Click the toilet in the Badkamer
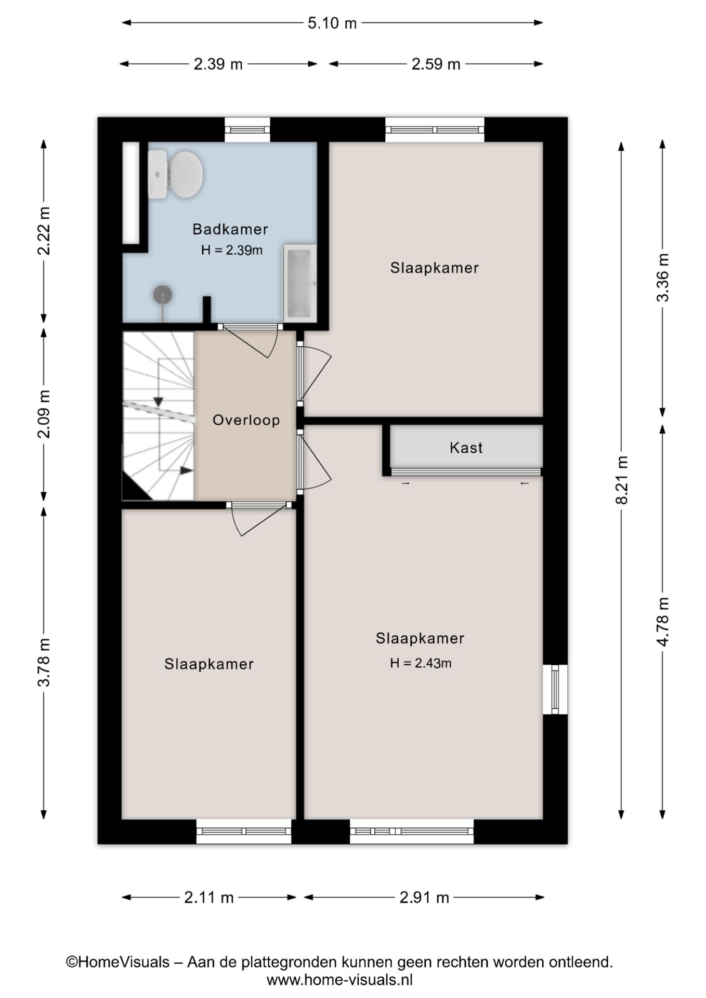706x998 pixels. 175,175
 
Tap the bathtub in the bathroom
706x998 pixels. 299,283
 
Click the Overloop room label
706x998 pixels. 246,420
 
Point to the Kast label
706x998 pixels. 466,448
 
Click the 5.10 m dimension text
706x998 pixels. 332,23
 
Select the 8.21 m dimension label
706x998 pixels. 622,480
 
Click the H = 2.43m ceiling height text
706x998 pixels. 421,663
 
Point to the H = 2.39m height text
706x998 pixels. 232,250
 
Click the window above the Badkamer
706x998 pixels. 247,130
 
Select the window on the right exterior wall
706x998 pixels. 555,689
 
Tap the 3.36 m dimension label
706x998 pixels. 663,278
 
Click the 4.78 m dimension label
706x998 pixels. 663,622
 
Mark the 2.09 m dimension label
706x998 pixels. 44,414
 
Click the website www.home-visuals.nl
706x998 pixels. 339,980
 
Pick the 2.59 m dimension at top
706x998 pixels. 436,64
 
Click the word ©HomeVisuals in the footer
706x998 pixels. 117,962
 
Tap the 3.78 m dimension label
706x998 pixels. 44,662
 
